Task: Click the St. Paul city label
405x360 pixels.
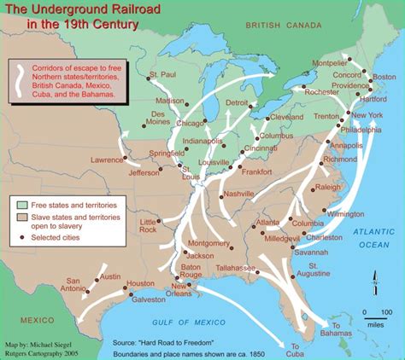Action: [x=162, y=75]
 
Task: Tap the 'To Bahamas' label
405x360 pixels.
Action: [x=342, y=329]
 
